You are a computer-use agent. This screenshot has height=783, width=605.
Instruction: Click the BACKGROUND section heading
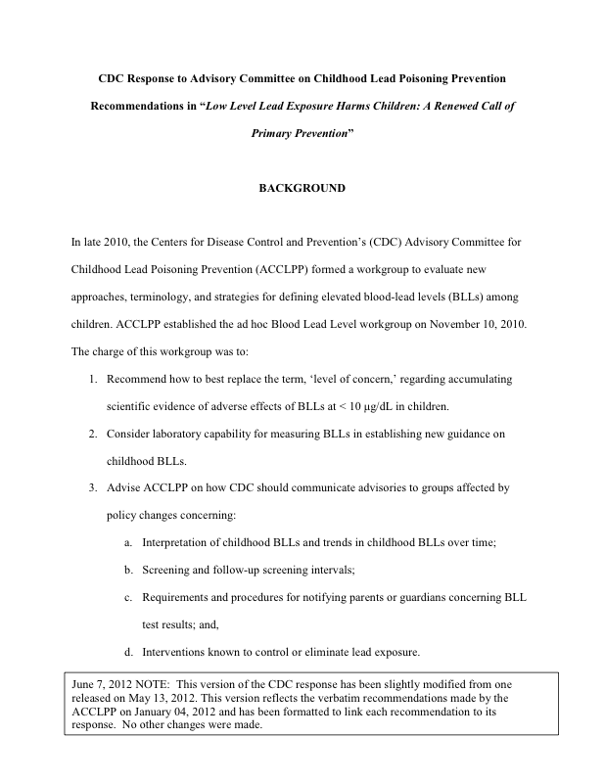point(302,187)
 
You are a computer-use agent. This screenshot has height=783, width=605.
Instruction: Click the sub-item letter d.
point(128,651)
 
